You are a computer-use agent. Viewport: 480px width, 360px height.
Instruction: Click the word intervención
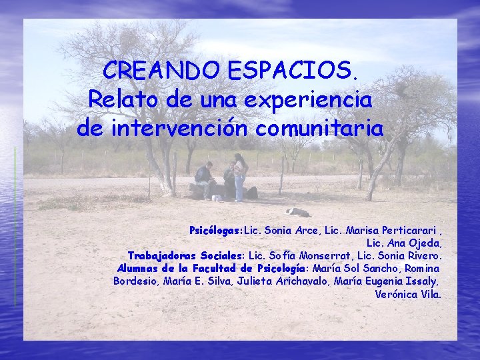click(185, 127)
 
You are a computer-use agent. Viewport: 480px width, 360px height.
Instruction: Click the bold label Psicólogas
click(216, 231)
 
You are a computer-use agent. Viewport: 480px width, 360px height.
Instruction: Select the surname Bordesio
click(133, 281)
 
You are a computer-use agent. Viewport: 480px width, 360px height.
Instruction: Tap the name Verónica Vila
click(408, 294)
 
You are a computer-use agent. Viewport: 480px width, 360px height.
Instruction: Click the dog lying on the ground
click(298, 212)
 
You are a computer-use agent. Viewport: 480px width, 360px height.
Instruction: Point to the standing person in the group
click(239, 175)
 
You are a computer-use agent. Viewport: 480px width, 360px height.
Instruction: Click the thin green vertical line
click(15, 227)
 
